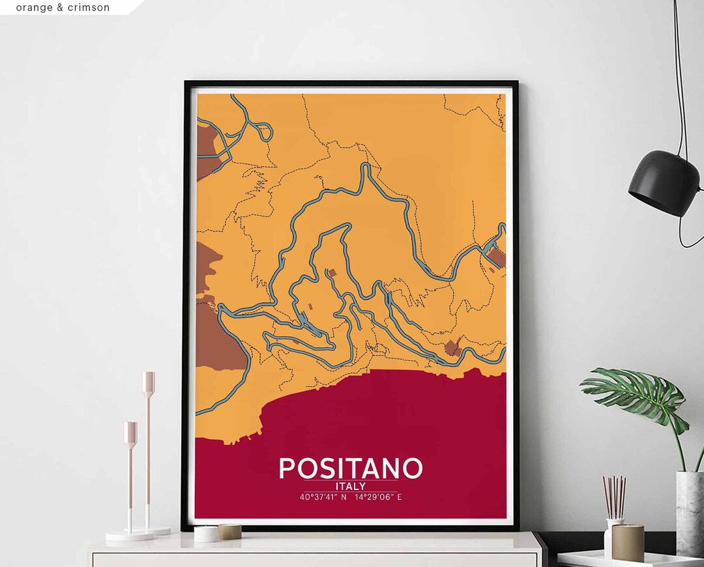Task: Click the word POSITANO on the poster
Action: [351, 468]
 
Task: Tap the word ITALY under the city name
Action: [351, 486]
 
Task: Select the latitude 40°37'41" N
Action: [323, 497]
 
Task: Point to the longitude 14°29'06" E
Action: [378, 497]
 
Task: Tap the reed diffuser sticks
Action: [613, 497]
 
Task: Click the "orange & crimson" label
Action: [63, 8]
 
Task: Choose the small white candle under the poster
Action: [206, 534]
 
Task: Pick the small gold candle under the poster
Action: [229, 531]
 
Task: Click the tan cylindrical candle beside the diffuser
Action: [628, 542]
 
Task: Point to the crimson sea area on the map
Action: [391, 417]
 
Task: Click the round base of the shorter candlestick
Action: [129, 536]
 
